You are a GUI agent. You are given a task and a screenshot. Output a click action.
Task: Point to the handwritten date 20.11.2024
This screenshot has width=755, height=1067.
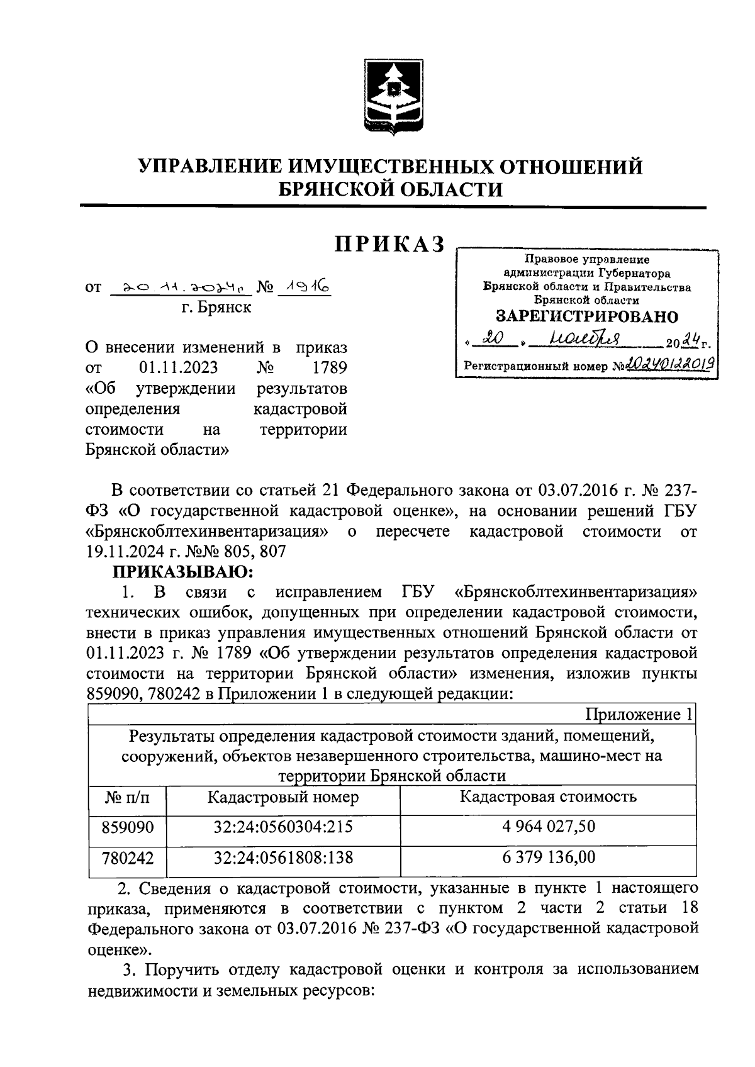tap(180, 288)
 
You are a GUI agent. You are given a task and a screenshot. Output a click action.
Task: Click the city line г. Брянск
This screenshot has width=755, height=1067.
tap(216, 307)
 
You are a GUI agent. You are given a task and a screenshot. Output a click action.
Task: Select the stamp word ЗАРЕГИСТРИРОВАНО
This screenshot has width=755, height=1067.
tap(587, 316)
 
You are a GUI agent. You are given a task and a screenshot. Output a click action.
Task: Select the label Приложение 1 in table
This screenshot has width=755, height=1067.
tap(639, 714)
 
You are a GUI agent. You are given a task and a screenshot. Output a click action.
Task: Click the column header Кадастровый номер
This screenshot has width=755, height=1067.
tap(283, 797)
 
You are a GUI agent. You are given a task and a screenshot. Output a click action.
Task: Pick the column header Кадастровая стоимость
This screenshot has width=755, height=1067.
tap(548, 797)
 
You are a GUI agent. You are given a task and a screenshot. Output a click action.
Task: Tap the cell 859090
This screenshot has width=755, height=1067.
tap(128, 827)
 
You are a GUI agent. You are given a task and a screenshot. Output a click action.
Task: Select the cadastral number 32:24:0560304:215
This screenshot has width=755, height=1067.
tap(283, 827)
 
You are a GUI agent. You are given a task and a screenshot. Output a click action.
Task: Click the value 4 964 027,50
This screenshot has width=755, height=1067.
tap(548, 826)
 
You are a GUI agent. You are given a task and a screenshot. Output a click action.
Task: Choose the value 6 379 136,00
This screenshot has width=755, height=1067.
tap(548, 856)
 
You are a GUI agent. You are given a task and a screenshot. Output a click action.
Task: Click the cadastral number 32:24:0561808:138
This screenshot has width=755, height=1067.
tap(283, 857)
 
